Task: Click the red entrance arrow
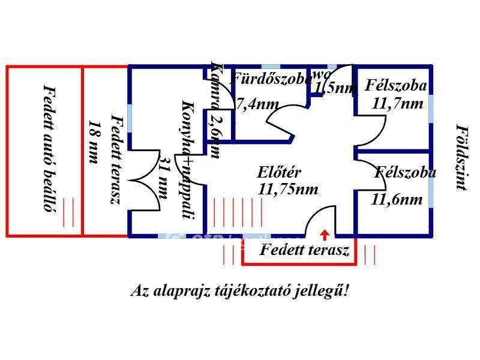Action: [x=325, y=234]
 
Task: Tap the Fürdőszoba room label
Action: [x=271, y=78]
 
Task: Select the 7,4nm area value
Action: [x=257, y=103]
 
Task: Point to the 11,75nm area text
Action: [x=288, y=189]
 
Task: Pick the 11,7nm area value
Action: [x=398, y=103]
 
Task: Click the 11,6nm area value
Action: [x=397, y=199]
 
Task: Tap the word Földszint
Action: [x=460, y=157]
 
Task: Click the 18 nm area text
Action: [x=93, y=142]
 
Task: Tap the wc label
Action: [x=322, y=74]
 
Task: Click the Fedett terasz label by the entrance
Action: [x=304, y=250]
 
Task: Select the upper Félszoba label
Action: [x=396, y=85]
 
